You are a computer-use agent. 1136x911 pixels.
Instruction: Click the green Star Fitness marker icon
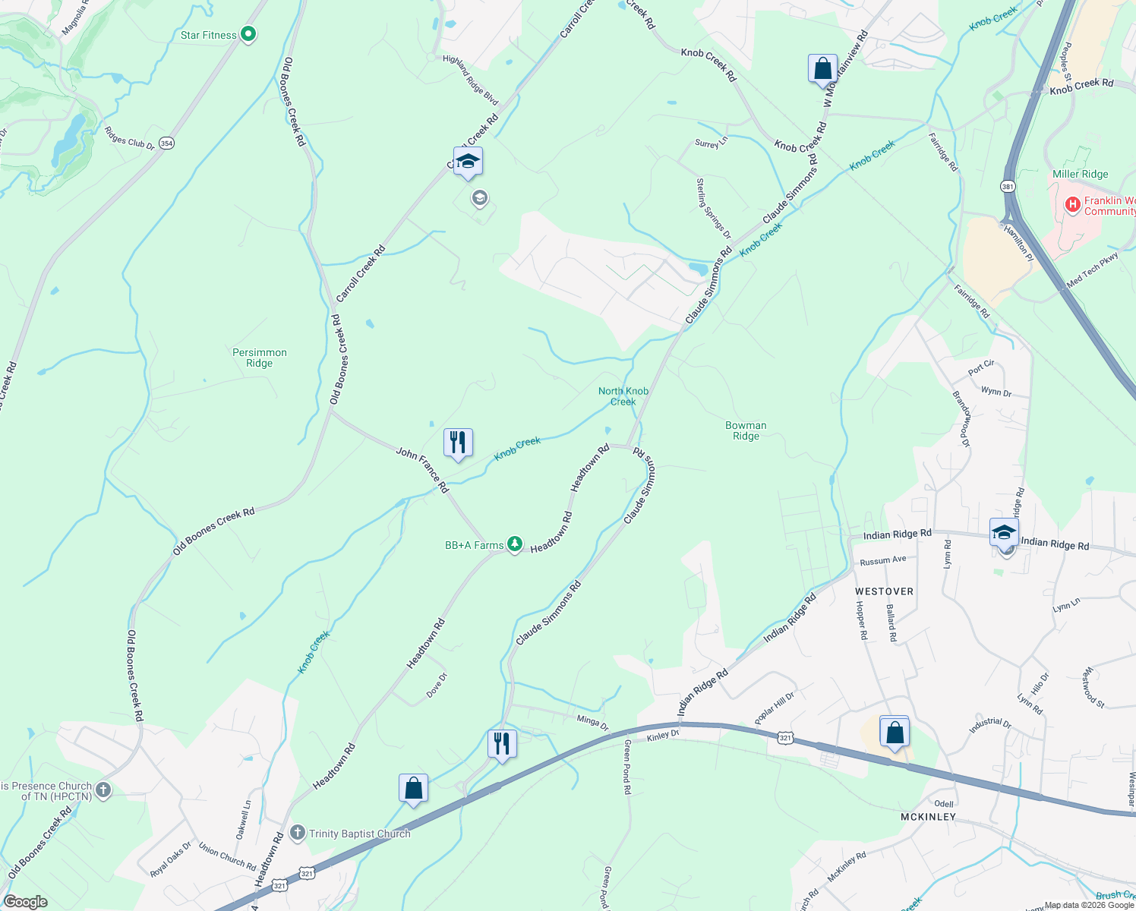[248, 34]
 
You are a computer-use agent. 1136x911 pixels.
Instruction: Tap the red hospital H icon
[1072, 204]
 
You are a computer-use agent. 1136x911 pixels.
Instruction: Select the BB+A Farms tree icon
[515, 544]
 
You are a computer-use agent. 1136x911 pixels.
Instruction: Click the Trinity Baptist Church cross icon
[298, 833]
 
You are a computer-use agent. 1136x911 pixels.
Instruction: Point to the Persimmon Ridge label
[260, 358]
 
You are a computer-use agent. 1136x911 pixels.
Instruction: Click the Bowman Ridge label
[746, 430]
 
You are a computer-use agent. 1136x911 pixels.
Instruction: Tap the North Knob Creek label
[623, 396]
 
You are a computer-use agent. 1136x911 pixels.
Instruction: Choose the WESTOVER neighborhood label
[884, 591]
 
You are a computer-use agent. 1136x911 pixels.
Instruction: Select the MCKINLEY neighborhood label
[928, 817]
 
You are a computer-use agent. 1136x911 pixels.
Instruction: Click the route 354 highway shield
[167, 143]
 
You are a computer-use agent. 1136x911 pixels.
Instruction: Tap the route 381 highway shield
[1008, 186]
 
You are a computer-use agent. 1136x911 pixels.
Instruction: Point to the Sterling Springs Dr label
[714, 208]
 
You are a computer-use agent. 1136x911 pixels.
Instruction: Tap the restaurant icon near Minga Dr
[502, 743]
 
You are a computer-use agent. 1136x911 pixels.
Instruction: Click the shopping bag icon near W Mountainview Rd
[822, 68]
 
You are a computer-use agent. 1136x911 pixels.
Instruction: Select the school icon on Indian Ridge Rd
[1004, 532]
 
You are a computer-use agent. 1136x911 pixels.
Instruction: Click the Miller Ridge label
[1080, 174]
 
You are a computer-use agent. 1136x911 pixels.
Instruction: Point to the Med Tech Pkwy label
[1093, 270]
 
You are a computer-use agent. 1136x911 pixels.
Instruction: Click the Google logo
[25, 901]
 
